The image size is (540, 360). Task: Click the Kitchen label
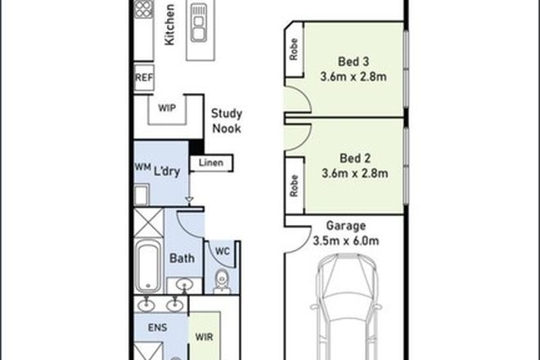pos(169,26)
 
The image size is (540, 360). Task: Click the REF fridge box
pos(144,79)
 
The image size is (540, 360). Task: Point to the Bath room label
pos(181,259)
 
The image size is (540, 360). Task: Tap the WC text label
pos(223,250)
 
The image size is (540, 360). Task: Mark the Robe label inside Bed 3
pos(293,53)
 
